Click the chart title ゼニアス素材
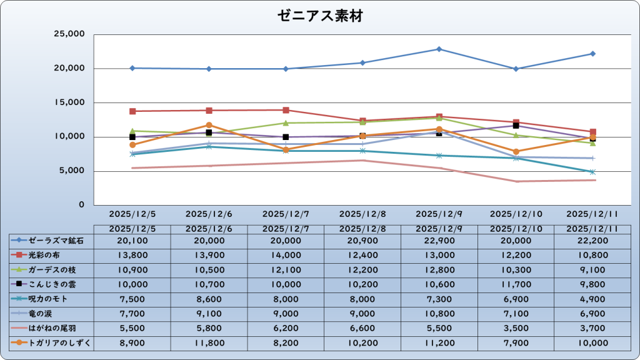320,16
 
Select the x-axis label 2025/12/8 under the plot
362,214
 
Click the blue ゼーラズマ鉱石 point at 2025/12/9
439,49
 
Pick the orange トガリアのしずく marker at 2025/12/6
209,125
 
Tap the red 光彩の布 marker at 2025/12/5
132,111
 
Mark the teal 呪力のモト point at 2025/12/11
592,172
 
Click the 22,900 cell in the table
439,240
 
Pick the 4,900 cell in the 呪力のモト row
592,299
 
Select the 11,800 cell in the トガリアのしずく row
209,342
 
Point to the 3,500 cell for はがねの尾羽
516,327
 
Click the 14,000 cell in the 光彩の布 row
286,255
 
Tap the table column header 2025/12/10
516,229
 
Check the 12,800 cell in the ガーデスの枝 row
439,269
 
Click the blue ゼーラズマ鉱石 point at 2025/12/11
592,54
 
